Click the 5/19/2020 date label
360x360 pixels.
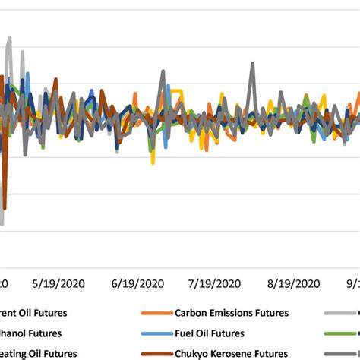(x=58, y=283)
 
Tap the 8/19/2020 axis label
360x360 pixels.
(x=295, y=283)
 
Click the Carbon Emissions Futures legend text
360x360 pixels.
(x=232, y=312)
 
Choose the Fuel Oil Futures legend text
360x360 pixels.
(x=209, y=333)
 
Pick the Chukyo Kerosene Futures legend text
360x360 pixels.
(x=230, y=353)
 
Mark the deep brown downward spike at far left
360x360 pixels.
(x=5, y=207)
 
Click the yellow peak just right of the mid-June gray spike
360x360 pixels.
(x=176, y=91)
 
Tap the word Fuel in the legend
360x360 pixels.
(x=185, y=333)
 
